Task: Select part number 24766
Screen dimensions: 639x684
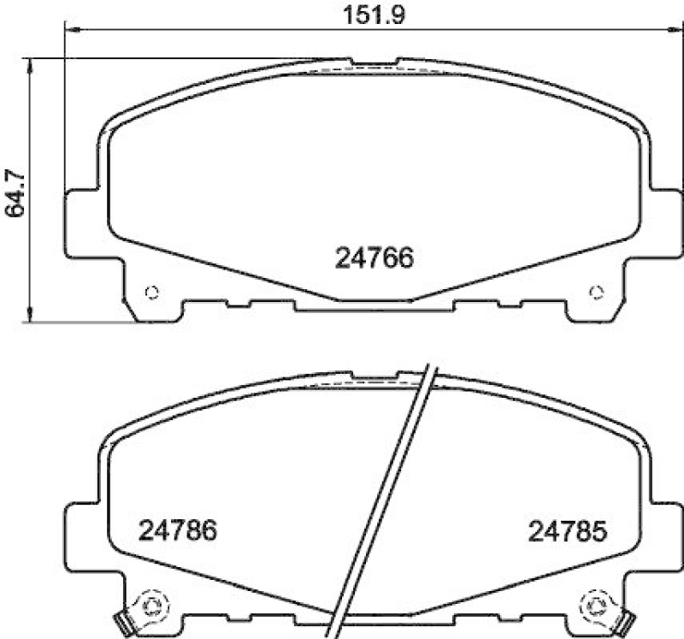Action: tap(373, 257)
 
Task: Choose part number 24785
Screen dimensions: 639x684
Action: tap(567, 531)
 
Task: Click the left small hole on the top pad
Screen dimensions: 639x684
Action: tap(152, 293)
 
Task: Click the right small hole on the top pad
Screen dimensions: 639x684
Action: tap(596, 293)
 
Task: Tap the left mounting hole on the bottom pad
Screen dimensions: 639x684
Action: tap(152, 606)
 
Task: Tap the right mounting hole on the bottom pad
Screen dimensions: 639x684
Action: tap(596, 606)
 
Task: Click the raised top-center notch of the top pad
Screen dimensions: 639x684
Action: tap(374, 62)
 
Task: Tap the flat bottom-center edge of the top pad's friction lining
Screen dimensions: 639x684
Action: tap(374, 300)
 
